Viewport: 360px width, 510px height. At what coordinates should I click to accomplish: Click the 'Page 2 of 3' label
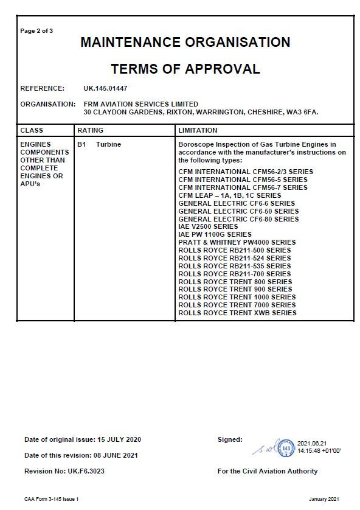[x=36, y=30]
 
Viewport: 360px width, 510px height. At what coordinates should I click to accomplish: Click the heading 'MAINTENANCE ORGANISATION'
[x=185, y=43]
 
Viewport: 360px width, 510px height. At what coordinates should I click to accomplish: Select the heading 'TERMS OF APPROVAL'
[x=185, y=69]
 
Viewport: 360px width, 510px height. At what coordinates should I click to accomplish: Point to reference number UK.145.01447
[x=106, y=88]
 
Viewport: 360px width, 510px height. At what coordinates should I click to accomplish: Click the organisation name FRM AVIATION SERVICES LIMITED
[x=140, y=104]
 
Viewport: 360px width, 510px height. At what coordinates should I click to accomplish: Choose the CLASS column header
[x=32, y=130]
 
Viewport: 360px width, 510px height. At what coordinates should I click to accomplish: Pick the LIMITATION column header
[x=198, y=130]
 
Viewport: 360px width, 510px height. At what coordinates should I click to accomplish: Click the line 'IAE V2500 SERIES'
[x=208, y=226]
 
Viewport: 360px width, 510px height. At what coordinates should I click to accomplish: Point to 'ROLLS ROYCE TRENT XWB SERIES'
[x=237, y=313]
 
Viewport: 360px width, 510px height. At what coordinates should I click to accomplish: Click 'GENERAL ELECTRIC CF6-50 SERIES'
[x=238, y=211]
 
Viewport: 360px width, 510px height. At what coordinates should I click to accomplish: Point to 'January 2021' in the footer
[x=327, y=499]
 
